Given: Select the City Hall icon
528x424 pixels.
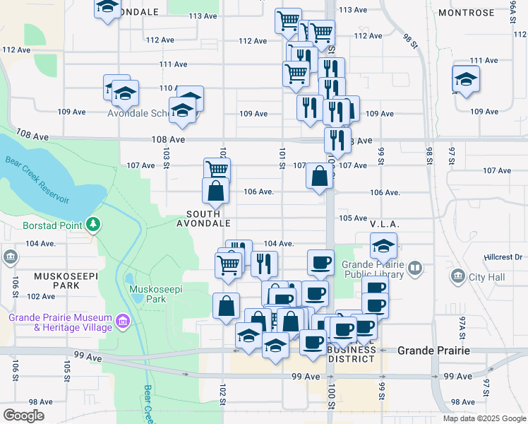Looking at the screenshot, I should (457, 275).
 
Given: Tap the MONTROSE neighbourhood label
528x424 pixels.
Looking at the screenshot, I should (466, 13).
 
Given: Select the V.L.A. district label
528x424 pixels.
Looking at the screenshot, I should (385, 223).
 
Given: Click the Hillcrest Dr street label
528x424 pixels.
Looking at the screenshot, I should (503, 257).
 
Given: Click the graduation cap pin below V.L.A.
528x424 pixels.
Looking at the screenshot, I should (383, 246).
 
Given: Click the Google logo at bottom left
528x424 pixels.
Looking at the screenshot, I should (24, 416).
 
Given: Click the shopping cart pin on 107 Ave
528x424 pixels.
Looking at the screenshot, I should (217, 170).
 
